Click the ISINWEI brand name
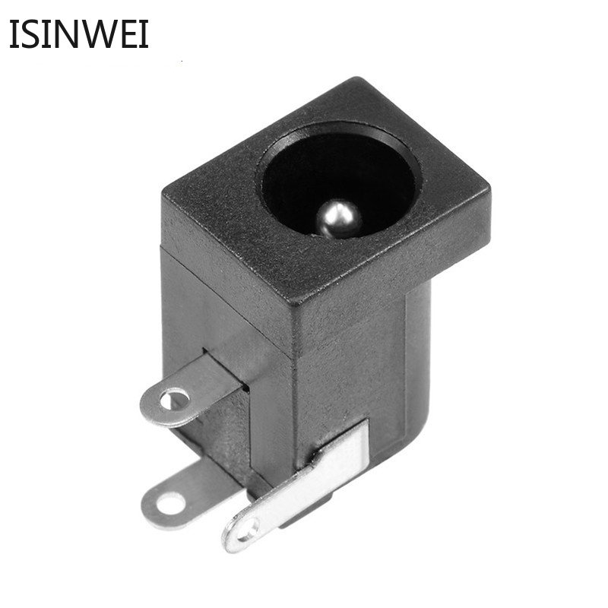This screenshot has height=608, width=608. point(79,34)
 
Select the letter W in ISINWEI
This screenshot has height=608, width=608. point(98,34)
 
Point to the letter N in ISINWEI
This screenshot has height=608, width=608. point(64,34)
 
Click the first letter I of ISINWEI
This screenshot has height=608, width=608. point(14,34)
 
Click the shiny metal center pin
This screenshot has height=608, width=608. point(338,218)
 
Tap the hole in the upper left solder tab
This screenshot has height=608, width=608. point(175,400)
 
